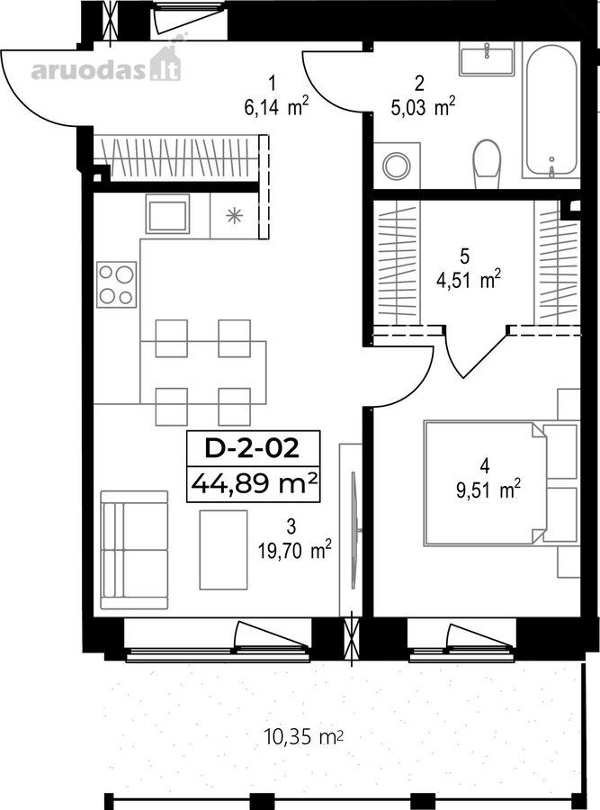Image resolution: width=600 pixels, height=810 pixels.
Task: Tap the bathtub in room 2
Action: tap(551, 110)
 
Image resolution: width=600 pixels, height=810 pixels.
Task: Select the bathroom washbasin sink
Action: tap(487, 58)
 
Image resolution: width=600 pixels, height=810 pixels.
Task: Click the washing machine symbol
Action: tap(397, 166)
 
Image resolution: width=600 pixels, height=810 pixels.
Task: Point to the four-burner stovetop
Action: tap(117, 284)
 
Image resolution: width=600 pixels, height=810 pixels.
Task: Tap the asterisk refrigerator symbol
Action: tap(235, 215)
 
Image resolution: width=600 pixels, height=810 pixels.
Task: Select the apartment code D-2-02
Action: tap(252, 448)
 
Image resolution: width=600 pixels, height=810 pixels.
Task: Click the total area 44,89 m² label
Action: tap(254, 484)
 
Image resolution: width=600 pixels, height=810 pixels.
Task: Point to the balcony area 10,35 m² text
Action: tap(304, 736)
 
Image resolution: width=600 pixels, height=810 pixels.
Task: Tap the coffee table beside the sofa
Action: tap(224, 550)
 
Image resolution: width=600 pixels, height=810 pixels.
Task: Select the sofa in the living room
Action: tap(134, 550)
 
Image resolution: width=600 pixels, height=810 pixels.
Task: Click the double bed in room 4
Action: tap(501, 483)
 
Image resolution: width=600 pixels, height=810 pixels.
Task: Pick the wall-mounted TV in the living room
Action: tap(354, 529)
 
